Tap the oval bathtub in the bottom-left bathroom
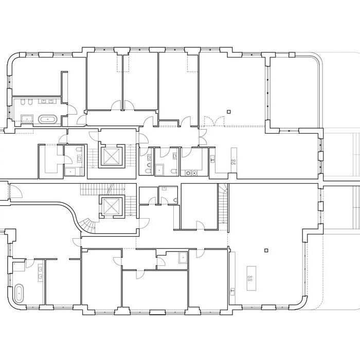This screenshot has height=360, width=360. click(x=20, y=293)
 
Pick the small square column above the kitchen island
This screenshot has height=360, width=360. click(x=265, y=251)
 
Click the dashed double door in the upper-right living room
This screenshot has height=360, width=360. click(x=212, y=121)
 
